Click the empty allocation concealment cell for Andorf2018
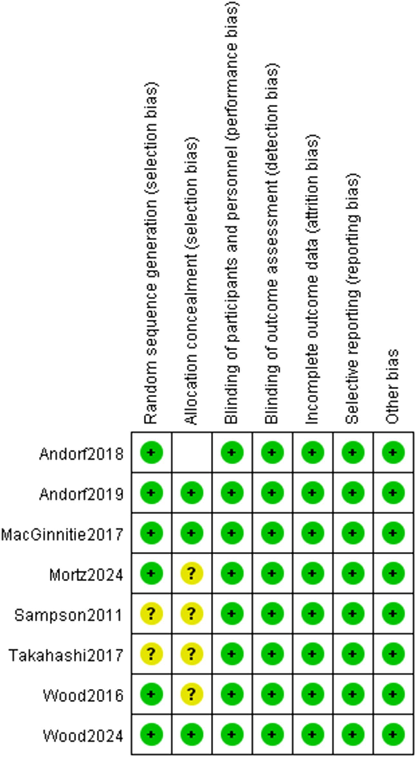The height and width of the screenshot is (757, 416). point(192,452)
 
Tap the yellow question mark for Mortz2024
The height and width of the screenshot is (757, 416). point(192,573)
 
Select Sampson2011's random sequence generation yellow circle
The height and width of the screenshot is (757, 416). point(151,614)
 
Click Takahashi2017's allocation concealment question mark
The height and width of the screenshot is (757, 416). point(192,654)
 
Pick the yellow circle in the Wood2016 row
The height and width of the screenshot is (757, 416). point(192,694)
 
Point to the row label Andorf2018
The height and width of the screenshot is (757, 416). point(81,454)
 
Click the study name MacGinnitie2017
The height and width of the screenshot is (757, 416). point(62,535)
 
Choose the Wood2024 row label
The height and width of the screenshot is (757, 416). point(83,736)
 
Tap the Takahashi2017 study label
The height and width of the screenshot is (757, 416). point(66,655)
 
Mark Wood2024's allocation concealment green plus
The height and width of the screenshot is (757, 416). point(192,734)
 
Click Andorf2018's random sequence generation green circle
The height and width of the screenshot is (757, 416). point(151,452)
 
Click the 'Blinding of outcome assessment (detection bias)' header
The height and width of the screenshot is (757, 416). point(272,245)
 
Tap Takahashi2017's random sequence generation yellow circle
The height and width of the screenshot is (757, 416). point(151,654)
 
